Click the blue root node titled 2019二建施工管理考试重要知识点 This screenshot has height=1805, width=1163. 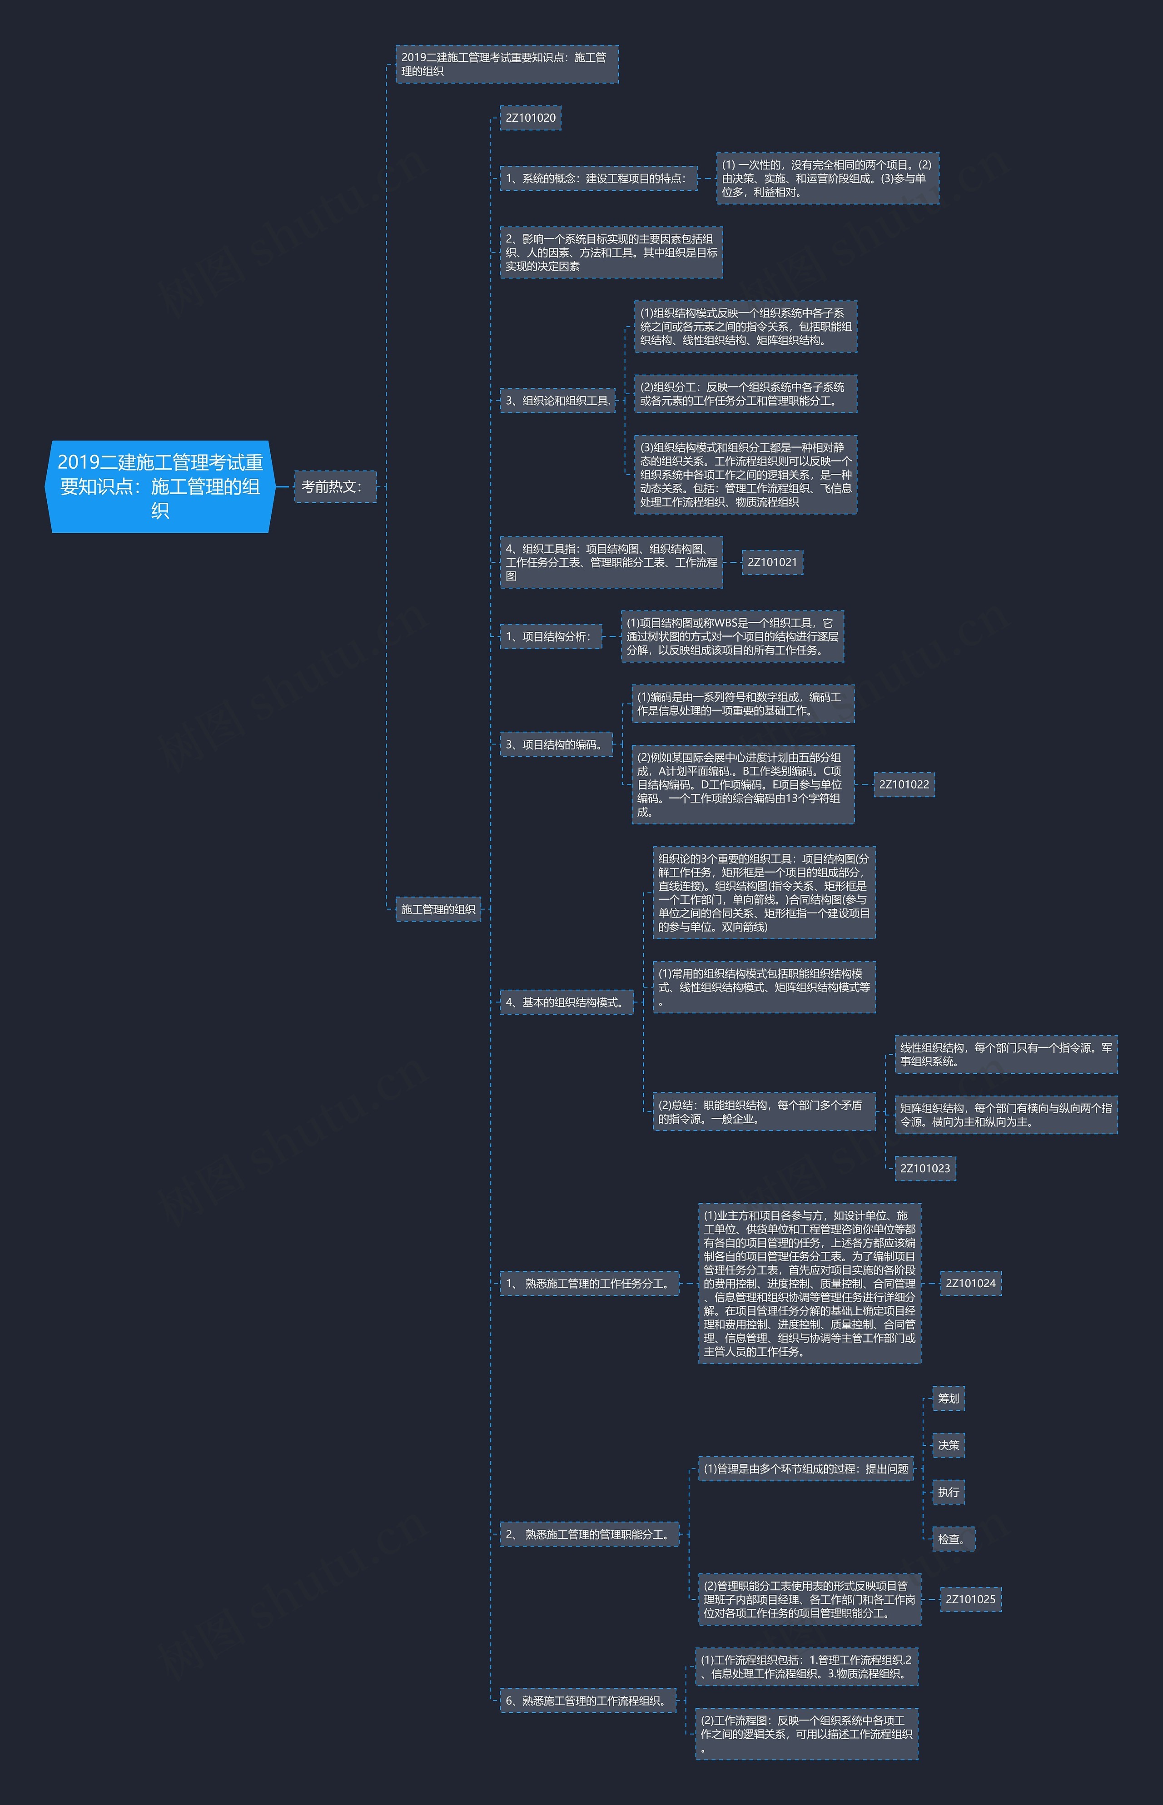click(159, 486)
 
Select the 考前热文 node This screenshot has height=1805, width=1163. click(334, 486)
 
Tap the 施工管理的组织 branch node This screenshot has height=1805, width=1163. click(438, 909)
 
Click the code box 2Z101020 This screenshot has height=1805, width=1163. click(530, 118)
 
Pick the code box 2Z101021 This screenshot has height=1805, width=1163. click(772, 562)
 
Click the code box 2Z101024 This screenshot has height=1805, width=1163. click(970, 1284)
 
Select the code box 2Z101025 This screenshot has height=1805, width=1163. click(970, 1599)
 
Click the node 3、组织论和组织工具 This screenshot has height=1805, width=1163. click(557, 401)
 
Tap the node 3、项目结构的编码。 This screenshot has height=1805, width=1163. click(556, 744)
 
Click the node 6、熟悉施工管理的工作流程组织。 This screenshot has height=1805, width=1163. click(587, 1701)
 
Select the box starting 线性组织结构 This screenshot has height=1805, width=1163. click(1005, 1055)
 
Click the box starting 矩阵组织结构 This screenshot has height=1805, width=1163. click(1005, 1115)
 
